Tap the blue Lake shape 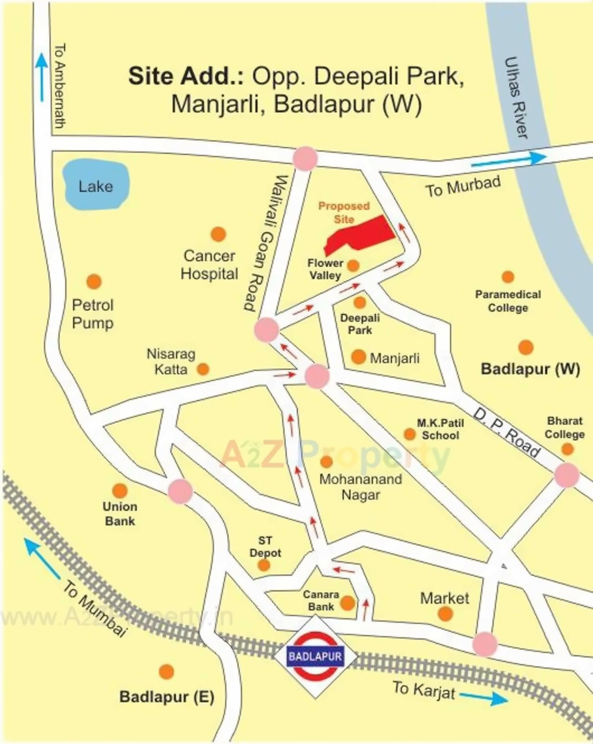coord(96,185)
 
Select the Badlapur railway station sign coord(316,657)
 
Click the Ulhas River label coord(517,98)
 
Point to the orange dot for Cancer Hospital coord(218,234)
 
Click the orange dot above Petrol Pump coord(94,281)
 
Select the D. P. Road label coord(507,432)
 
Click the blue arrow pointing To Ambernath coord(42,77)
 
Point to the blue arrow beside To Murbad coord(509,159)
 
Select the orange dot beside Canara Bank coord(348,603)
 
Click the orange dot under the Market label coord(445,614)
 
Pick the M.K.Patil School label coord(440,429)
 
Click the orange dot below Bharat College coord(567,449)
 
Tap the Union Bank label coord(120,513)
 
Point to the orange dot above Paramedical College coord(507,277)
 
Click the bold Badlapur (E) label coord(166,697)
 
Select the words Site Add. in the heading coord(186,76)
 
